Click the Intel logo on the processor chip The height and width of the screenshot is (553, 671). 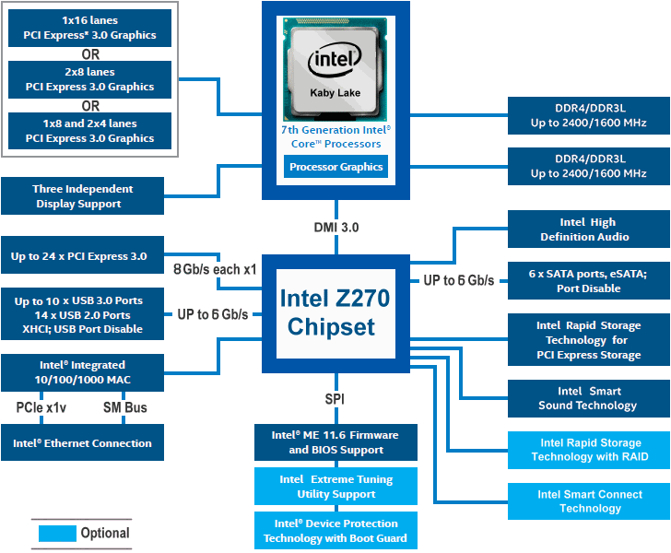pos(335,62)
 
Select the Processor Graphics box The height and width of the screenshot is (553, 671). pos(335,167)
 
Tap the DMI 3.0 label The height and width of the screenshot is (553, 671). pos(335,228)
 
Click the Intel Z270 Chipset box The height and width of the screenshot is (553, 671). pos(335,312)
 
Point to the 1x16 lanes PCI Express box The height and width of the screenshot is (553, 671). pos(90,29)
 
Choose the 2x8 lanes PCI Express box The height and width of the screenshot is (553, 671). pos(90,80)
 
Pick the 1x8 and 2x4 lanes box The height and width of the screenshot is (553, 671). pos(90,131)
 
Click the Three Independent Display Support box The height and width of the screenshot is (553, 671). pos(84,196)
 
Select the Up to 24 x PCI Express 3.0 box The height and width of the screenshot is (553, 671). pos(84,255)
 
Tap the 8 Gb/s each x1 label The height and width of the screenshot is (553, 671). pos(214,269)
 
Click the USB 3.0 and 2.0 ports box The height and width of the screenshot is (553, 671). pos(84,314)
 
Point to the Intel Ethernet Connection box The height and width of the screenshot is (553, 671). pos(83,442)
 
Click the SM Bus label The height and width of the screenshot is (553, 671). pos(124,407)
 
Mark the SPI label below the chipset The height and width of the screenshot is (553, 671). pos(335,399)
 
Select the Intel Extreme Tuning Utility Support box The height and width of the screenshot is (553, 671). pos(335,487)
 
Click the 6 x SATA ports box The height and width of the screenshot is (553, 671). pos(588,281)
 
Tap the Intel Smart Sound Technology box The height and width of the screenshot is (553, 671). pos(588,398)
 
